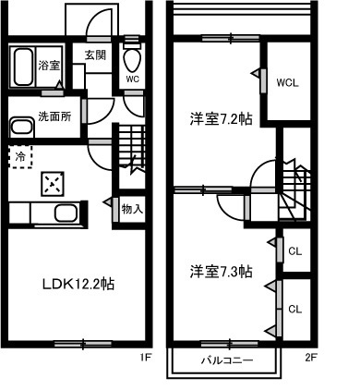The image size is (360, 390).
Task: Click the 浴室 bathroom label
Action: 49,66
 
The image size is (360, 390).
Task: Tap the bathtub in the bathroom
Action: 23,67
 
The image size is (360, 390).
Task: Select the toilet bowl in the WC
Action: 132,59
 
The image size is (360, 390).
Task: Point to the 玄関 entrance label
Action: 95,55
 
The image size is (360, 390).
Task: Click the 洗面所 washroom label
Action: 54,116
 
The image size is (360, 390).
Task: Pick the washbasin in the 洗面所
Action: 21,127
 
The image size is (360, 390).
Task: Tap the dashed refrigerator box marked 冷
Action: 20,157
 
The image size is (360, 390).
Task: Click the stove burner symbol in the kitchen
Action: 53,184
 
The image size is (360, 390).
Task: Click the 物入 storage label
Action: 132,209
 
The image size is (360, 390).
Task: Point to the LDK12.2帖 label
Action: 78,284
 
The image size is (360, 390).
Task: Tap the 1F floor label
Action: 145,358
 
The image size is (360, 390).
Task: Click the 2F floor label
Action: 311,358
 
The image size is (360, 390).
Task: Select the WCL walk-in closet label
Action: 287,83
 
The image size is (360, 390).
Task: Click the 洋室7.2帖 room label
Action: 221,119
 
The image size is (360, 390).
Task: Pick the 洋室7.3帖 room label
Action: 221,272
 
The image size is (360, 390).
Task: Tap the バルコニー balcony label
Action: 227,360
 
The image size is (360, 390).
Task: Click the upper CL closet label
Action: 295,251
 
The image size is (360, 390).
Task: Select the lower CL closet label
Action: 295,309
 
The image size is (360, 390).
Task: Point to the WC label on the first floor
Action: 133,79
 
